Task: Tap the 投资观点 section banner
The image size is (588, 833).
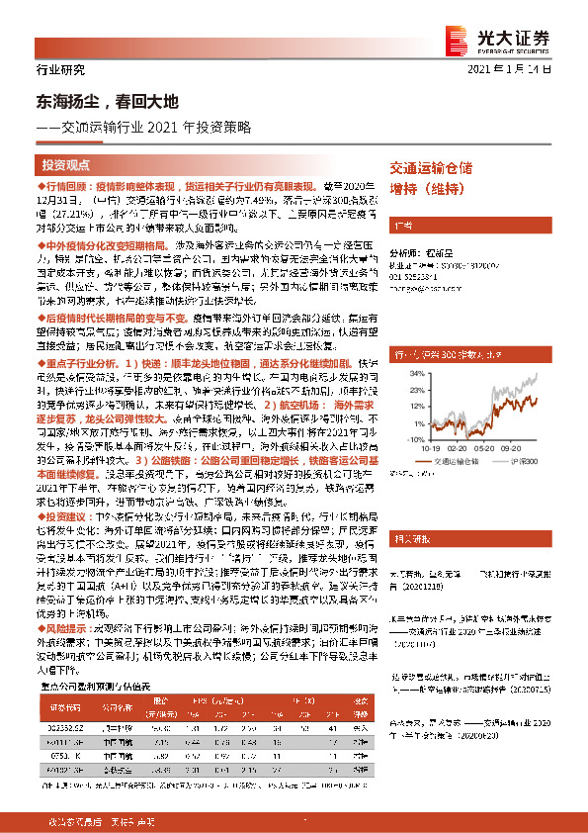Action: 66,164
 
